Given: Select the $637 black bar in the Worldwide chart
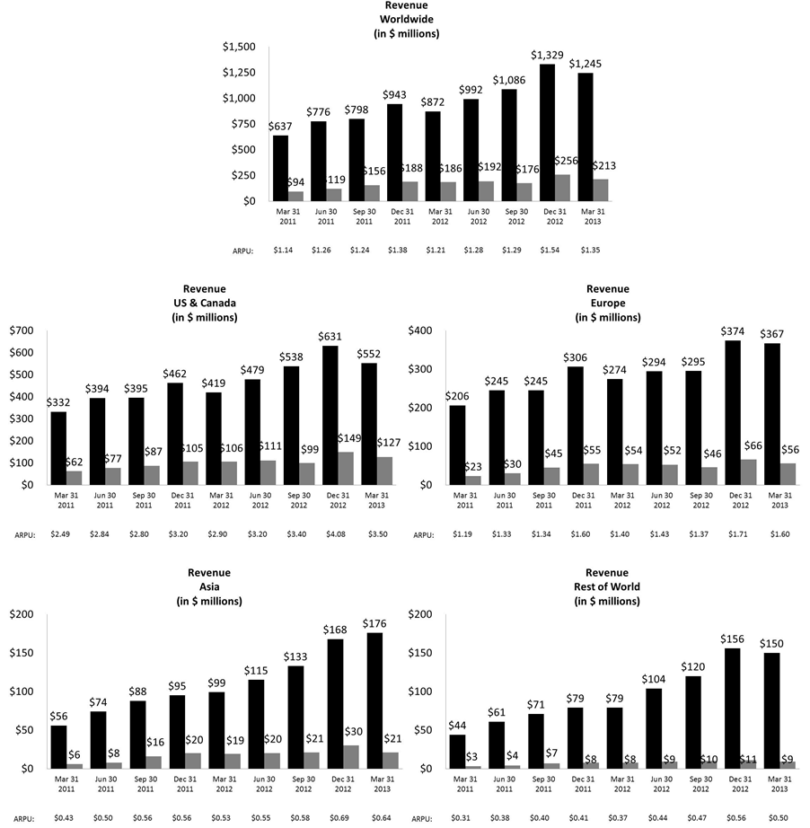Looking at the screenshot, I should click(x=280, y=168).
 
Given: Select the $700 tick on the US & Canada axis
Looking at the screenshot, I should click(x=22, y=330).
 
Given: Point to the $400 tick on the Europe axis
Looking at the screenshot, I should click(x=420, y=330).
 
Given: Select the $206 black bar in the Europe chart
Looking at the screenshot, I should click(x=457, y=445).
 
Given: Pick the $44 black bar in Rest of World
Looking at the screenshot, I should click(x=457, y=751).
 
